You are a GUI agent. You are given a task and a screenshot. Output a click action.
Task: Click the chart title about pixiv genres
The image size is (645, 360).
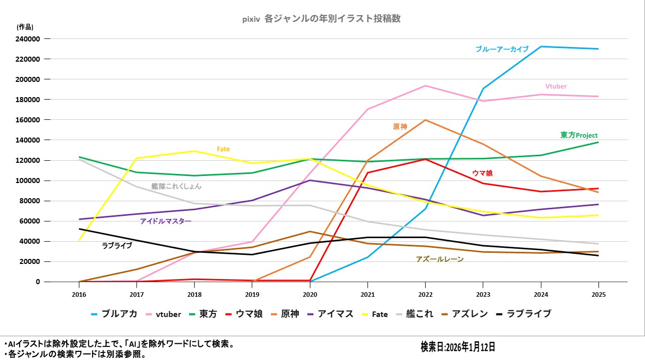point(321,19)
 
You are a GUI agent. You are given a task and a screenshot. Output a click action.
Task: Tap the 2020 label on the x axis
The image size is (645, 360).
point(310,294)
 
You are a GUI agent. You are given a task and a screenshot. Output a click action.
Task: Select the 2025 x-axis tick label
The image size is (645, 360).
point(598,294)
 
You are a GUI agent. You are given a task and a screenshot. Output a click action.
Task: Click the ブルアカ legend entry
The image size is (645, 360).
point(114,314)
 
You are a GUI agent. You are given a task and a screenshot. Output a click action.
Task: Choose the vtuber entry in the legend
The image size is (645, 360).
point(163,314)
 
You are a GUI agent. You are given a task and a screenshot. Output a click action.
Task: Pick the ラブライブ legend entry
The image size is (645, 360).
point(523,314)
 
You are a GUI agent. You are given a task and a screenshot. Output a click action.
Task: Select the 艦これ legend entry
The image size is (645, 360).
point(414,314)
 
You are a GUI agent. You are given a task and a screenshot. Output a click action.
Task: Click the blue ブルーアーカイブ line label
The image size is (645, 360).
point(501,49)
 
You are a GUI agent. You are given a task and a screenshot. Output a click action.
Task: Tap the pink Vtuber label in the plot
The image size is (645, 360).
point(556,86)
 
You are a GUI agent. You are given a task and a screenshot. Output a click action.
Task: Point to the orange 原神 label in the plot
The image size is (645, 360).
point(400,127)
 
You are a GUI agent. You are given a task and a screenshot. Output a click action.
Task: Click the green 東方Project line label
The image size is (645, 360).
point(579,136)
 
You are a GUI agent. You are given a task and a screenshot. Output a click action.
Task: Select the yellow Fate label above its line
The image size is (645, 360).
point(223,149)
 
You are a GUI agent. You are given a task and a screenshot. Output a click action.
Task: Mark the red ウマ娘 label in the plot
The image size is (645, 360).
point(482,173)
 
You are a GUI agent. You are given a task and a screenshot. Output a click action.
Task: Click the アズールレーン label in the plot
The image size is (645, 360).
point(439,259)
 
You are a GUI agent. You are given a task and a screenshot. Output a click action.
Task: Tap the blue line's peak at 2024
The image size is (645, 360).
point(541,47)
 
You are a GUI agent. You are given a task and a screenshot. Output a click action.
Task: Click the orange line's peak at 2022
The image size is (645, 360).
point(426,120)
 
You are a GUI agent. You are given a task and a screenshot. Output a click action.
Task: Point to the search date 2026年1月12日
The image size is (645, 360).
point(457,347)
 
